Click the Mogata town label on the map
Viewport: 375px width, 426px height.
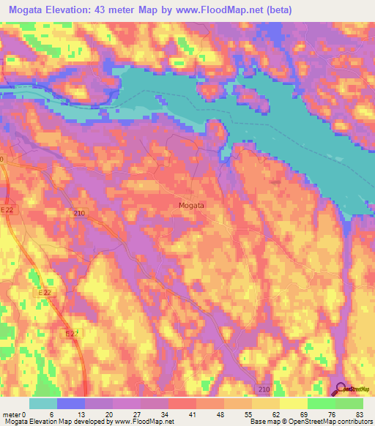(x=191, y=206)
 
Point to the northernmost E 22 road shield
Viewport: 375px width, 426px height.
(x=7, y=210)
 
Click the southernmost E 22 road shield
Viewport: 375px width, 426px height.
(x=70, y=333)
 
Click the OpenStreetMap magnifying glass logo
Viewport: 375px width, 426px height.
(x=341, y=388)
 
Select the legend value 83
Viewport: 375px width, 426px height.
(x=359, y=414)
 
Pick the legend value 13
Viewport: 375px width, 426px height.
(x=73, y=414)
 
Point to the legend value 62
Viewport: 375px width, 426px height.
(x=272, y=414)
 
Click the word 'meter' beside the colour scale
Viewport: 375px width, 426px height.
(x=10, y=414)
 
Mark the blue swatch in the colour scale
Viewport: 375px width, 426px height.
(x=72, y=403)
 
